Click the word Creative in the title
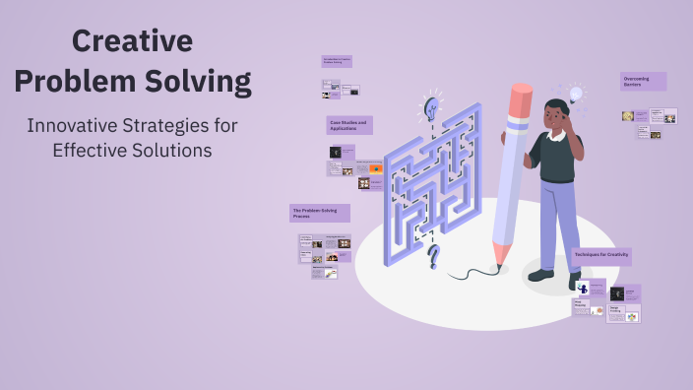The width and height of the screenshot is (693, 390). click(x=132, y=41)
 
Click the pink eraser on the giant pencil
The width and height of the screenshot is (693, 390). click(x=520, y=99)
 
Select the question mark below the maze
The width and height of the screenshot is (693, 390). click(x=433, y=258)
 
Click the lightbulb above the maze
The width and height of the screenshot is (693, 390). click(x=431, y=106)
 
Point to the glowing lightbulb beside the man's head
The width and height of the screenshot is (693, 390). click(x=576, y=96)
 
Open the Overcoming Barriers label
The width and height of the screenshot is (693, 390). click(x=643, y=81)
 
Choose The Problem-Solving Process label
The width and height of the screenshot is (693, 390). click(x=319, y=213)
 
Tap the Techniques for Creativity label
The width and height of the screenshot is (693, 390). click(x=601, y=256)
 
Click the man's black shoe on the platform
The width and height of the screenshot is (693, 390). click(x=540, y=275)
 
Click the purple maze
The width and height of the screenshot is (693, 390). click(x=431, y=182)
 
